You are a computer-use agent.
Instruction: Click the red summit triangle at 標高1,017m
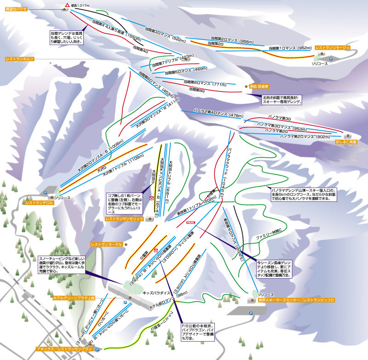(x=67, y=5)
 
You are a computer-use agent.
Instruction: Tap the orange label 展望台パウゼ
(x=16, y=9)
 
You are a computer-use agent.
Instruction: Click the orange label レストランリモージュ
(x=333, y=47)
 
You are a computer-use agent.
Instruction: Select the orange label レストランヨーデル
(x=107, y=244)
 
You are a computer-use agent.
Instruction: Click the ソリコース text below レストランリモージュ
(x=320, y=63)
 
